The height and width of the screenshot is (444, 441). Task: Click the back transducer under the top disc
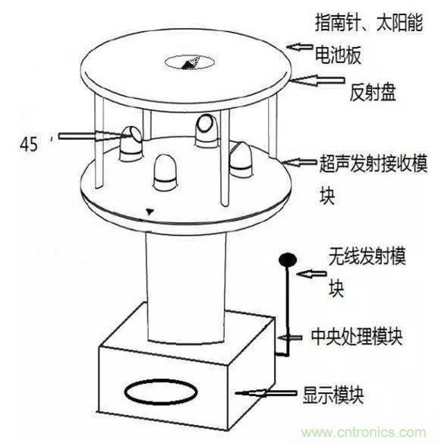(x=206, y=128)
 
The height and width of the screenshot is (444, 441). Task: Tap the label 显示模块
(x=339, y=395)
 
